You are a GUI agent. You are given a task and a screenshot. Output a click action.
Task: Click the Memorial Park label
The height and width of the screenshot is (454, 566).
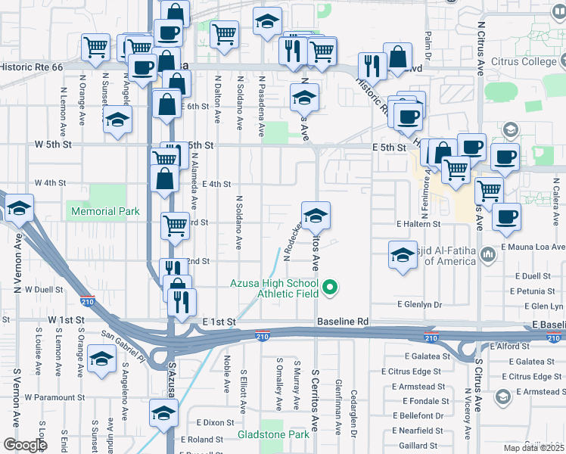[x=106, y=211]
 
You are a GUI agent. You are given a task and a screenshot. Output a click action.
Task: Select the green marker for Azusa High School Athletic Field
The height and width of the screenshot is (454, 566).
[x=330, y=286]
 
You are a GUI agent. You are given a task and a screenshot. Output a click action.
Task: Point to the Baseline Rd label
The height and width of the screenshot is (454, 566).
[x=343, y=322]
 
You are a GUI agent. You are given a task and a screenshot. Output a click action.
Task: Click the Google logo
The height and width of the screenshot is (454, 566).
[x=24, y=445]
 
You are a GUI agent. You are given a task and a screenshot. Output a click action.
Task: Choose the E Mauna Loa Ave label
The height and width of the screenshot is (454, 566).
[x=533, y=247]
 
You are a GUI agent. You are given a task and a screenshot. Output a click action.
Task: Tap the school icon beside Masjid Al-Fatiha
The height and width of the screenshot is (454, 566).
[x=403, y=255]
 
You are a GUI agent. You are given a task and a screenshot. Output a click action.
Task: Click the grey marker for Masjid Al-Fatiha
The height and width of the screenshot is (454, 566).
[x=488, y=251]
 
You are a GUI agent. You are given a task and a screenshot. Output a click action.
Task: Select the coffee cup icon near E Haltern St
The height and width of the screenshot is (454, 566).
[x=506, y=216]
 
